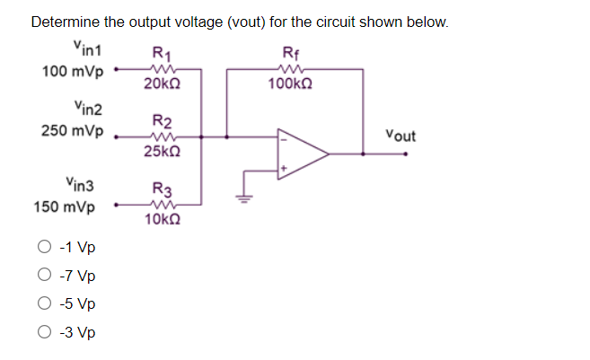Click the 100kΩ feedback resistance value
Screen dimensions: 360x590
[291, 83]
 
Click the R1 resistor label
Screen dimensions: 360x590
[163, 51]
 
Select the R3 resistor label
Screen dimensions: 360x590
[163, 189]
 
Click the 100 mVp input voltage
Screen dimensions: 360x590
[71, 70]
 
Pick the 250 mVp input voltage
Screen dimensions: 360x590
[71, 131]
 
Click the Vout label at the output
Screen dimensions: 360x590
[401, 136]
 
